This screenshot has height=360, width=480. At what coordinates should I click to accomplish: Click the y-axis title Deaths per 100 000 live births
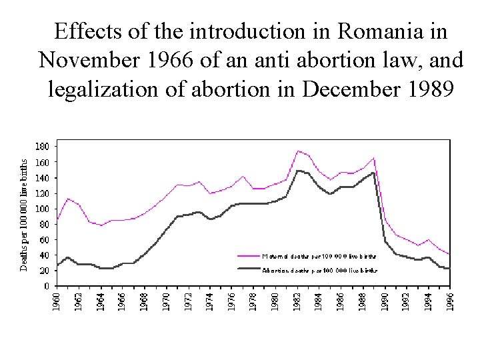(x=24, y=215)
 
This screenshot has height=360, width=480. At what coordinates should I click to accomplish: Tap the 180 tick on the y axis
(x=41, y=146)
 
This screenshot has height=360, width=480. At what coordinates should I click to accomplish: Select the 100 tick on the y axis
(x=41, y=208)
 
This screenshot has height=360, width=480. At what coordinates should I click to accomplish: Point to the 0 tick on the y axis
(x=46, y=286)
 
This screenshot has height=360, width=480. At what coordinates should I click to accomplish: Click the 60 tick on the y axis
(x=43, y=239)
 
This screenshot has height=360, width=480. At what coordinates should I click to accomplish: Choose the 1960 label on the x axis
(x=57, y=301)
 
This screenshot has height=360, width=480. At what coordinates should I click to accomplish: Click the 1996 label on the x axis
(x=450, y=301)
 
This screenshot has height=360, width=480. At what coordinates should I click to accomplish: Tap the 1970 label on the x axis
(x=167, y=301)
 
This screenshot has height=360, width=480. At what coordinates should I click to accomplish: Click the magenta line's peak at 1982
(x=297, y=151)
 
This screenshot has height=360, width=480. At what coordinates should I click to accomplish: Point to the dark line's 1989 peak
(x=373, y=173)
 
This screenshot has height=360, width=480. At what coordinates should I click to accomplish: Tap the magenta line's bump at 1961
(x=68, y=199)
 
